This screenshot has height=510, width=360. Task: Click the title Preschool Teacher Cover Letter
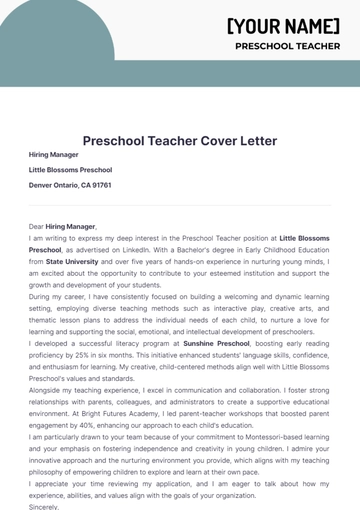180,141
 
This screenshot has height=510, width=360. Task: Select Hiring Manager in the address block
54,156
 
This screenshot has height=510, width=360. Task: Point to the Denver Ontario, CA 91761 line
70,185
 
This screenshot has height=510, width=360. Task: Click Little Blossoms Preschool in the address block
70,171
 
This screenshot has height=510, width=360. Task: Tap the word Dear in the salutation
37,227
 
